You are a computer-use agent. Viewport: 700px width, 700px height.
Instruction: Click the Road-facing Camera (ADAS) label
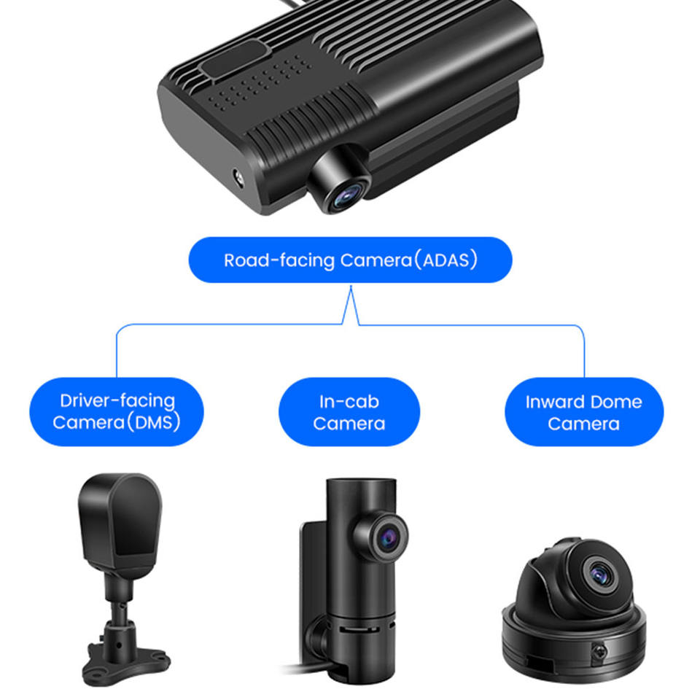point(350,260)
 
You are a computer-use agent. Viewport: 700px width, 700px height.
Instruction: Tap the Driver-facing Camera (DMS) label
point(117,411)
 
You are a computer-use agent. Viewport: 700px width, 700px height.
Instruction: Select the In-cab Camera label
point(349,411)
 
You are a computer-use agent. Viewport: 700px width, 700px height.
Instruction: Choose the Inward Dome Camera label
point(584,411)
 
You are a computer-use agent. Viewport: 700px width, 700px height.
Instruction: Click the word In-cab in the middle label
point(349,401)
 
